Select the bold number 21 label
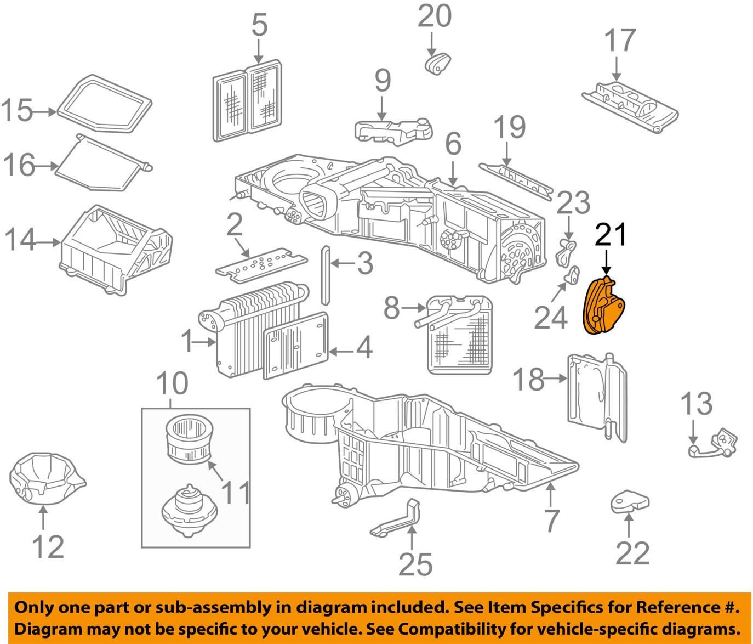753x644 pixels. click(x=611, y=235)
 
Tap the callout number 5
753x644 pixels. click(x=259, y=25)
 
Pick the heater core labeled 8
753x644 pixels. click(x=459, y=335)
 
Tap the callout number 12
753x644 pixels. click(x=48, y=546)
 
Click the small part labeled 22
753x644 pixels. click(x=630, y=501)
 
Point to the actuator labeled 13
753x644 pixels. click(x=715, y=443)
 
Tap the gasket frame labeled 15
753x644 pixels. click(x=104, y=105)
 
